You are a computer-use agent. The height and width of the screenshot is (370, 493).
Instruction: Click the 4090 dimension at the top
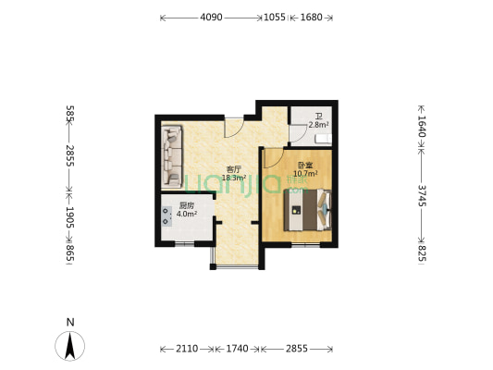pyautogui.click(x=211, y=18)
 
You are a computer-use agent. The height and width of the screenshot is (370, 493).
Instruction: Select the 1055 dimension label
pyautogui.click(x=275, y=18)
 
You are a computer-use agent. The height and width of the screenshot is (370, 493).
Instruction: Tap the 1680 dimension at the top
pyautogui.click(x=312, y=18)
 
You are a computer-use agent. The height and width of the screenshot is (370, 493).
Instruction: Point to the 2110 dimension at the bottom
pyautogui.click(x=187, y=349)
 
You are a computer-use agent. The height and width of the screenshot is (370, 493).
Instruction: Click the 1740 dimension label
pyautogui.click(x=237, y=349)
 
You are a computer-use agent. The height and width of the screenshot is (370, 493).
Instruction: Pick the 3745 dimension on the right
pyautogui.click(x=422, y=195)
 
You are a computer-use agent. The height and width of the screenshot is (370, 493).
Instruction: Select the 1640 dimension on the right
pyautogui.click(x=422, y=127)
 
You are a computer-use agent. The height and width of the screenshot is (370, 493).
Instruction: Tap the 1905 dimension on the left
pyautogui.click(x=69, y=217)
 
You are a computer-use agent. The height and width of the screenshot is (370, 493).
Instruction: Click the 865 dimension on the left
pyautogui.click(x=69, y=253)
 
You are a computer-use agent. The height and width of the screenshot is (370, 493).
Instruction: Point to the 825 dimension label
pyautogui.click(x=422, y=253)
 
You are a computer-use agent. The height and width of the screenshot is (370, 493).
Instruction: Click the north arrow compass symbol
pyautogui.click(x=69, y=346)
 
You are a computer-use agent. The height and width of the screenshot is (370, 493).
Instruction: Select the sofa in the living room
pyautogui.click(x=172, y=157)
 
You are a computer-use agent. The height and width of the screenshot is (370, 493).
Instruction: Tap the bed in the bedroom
pyautogui.click(x=307, y=210)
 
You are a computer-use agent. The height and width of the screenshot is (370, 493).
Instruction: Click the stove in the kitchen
pyautogui.click(x=166, y=216)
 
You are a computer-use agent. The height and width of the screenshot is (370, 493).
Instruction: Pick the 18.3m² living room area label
pyautogui.click(x=234, y=178)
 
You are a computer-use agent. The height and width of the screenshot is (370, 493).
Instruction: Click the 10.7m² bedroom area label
pyautogui.click(x=305, y=173)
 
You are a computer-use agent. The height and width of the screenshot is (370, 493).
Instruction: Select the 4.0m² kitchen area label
pyautogui.click(x=187, y=214)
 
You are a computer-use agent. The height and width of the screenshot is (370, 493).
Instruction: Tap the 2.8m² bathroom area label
pyautogui.click(x=318, y=125)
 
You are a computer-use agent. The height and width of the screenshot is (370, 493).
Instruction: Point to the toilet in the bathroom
pyautogui.click(x=324, y=139)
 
